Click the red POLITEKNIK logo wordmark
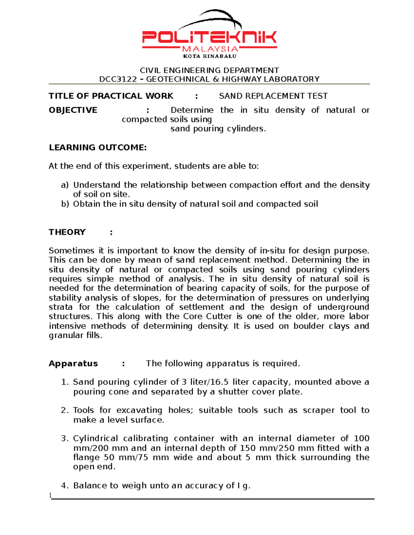click(x=209, y=37)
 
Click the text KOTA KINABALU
click(x=210, y=56)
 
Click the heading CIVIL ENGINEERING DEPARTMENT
click(x=209, y=70)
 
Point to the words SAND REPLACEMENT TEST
click(x=273, y=96)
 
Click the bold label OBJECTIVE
click(x=73, y=110)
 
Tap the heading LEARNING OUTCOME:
click(x=98, y=148)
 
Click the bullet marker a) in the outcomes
click(x=65, y=185)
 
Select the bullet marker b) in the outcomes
click(x=65, y=204)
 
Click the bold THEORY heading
click(x=67, y=232)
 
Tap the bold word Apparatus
click(x=73, y=364)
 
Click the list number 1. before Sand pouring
click(x=65, y=382)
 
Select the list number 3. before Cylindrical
click(x=65, y=439)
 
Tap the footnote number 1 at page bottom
click(x=50, y=495)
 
